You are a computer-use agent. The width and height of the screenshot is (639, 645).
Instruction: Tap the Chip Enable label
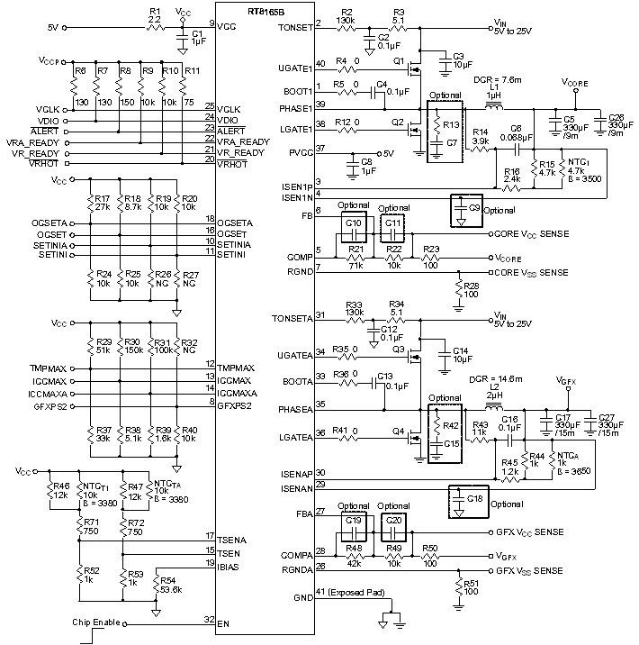pos(95,622)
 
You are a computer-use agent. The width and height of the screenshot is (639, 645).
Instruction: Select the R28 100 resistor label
pos(471,289)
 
